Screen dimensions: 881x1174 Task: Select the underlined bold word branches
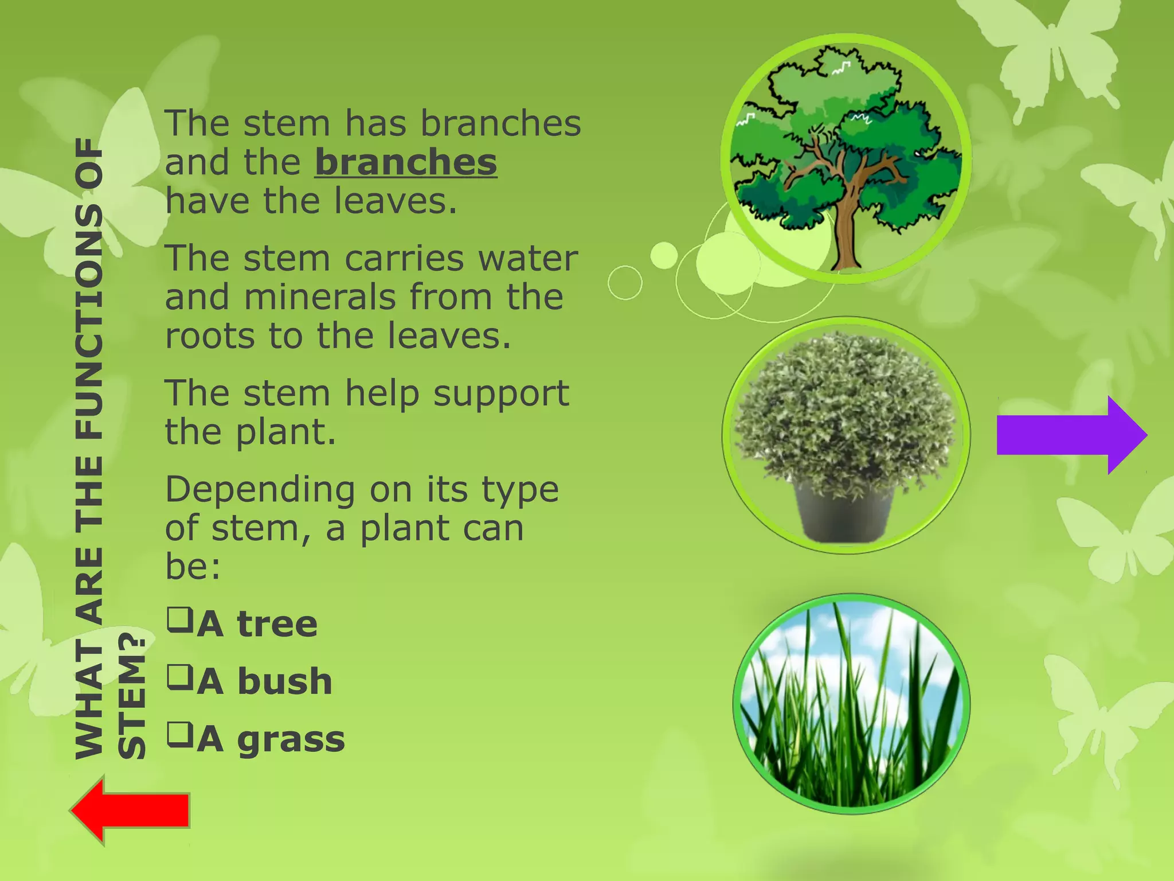pyautogui.click(x=405, y=162)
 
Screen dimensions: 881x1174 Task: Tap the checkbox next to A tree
pyautogui.click(x=179, y=619)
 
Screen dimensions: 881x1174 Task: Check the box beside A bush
pyautogui.click(x=179, y=677)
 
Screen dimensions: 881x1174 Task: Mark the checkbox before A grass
pyautogui.click(x=179, y=735)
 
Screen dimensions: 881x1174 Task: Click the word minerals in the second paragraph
pyautogui.click(x=320, y=297)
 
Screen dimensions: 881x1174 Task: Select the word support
pyautogui.click(x=501, y=394)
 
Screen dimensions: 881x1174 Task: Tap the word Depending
pyautogui.click(x=260, y=491)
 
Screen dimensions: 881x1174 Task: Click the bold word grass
pyautogui.click(x=291, y=740)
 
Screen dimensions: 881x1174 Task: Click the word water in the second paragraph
pyautogui.click(x=527, y=259)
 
